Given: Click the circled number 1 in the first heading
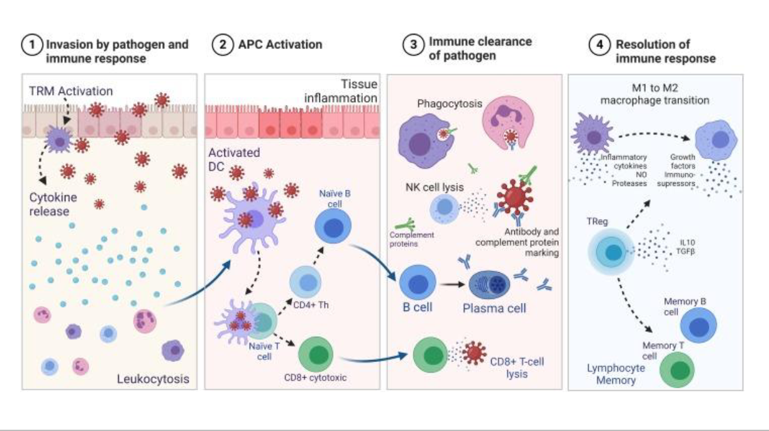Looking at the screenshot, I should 30,45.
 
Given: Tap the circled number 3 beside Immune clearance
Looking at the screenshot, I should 412,46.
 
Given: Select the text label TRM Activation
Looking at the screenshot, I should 70,92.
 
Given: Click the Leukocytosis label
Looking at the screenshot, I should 153,379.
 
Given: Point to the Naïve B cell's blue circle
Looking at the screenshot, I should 331,227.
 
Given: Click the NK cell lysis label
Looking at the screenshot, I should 433,187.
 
